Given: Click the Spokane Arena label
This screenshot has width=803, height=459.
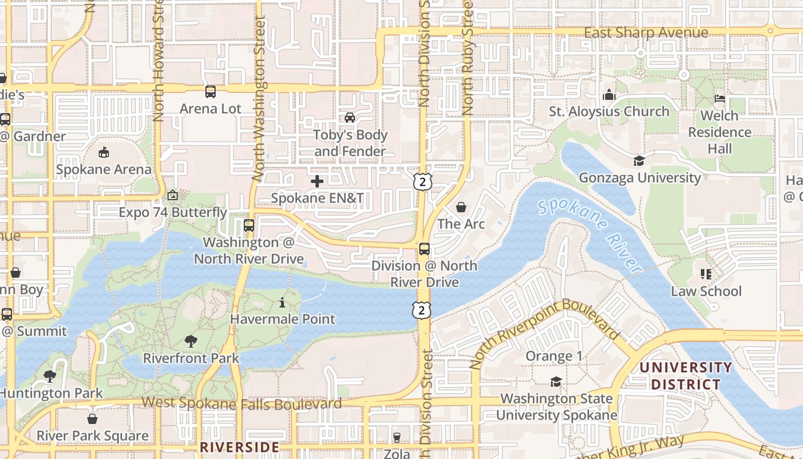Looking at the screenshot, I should [104, 169].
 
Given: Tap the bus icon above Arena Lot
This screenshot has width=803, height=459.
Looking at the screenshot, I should [211, 91].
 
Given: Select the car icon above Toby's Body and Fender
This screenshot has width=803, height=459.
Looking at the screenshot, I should [349, 118].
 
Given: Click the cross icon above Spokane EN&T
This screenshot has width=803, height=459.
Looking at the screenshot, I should [317, 181].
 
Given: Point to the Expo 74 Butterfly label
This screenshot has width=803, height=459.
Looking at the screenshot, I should [173, 212].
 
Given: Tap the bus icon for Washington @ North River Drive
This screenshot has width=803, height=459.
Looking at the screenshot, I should [248, 225].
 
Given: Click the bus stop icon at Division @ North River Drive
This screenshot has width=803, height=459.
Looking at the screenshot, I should [424, 248].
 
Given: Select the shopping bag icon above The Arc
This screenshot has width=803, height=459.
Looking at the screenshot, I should [461, 207].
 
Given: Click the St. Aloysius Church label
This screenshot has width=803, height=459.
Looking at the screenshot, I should [609, 111].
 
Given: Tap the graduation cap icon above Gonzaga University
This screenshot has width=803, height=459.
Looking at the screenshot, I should [639, 161].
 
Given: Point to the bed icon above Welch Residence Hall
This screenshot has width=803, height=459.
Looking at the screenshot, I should [719, 99].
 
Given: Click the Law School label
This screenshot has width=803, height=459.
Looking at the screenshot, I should [706, 291].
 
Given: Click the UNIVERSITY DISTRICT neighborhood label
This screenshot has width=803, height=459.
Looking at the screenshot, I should [685, 376].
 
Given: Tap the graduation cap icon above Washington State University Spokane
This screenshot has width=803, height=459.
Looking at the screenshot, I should [556, 382].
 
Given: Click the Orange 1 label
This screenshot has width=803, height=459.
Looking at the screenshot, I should [554, 356].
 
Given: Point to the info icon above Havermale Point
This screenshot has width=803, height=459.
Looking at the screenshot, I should [282, 302].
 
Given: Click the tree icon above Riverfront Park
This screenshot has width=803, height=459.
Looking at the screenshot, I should [191, 341].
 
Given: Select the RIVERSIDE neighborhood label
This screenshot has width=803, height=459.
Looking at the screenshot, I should [239, 447].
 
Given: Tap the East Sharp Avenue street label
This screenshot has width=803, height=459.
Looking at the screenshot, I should [646, 33].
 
